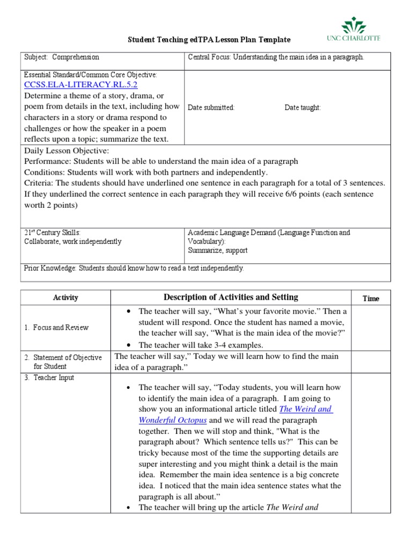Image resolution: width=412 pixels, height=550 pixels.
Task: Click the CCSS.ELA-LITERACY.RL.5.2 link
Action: (x=81, y=85)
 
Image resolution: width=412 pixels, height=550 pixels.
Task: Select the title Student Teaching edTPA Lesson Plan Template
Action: (x=209, y=40)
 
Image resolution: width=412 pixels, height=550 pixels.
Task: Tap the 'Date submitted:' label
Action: (x=211, y=107)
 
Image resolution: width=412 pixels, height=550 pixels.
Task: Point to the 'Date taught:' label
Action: (x=303, y=107)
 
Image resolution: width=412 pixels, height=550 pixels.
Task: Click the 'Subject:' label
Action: (x=36, y=57)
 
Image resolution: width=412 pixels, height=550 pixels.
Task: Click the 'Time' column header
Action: (x=371, y=299)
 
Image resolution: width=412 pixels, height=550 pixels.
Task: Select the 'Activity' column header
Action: (x=65, y=298)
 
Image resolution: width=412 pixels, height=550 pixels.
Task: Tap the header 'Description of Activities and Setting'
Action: (x=231, y=297)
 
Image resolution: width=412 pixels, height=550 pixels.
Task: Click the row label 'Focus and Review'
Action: (x=61, y=327)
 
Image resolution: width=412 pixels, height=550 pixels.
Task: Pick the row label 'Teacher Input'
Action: (x=54, y=378)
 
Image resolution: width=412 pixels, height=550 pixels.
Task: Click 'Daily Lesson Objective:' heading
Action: (x=67, y=151)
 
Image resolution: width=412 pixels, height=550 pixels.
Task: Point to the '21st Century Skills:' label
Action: (x=52, y=233)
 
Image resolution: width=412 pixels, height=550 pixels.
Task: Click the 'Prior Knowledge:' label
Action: (x=50, y=268)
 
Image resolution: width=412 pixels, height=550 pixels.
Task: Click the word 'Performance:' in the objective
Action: (x=48, y=161)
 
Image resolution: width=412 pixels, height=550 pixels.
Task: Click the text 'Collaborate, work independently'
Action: (x=73, y=241)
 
